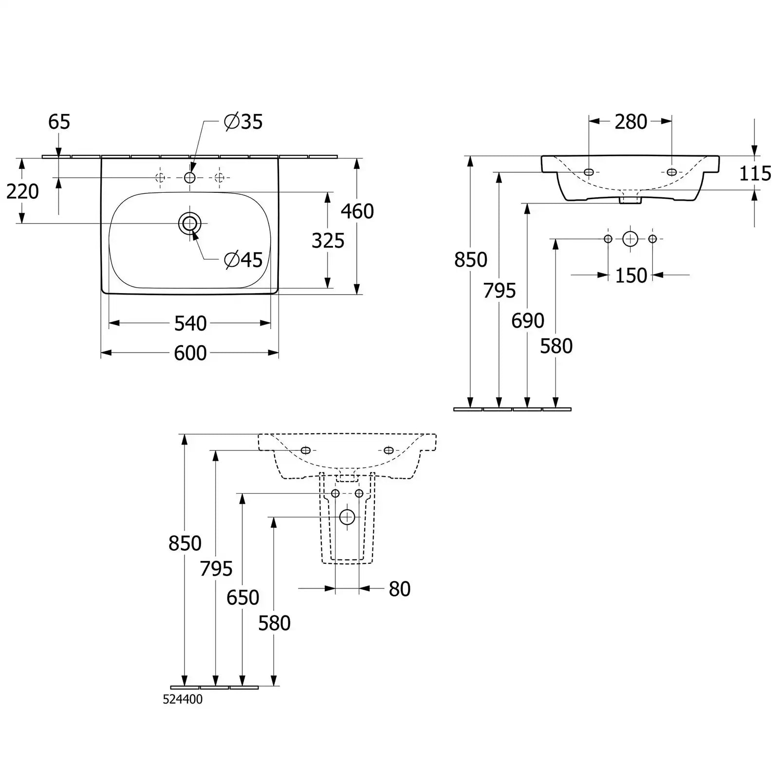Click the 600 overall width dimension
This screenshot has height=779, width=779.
pos(190,353)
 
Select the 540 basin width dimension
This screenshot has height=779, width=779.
pos(190,323)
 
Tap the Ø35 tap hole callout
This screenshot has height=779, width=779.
pos(243,122)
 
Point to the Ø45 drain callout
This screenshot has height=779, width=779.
pos(243,260)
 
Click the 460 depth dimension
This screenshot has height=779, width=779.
pos(357,211)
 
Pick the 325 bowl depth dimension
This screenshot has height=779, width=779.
pos(328,241)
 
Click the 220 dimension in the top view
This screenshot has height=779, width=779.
pos(22,191)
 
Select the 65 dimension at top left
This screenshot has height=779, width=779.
pos(59,122)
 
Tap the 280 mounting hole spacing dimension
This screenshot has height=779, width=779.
pos(631,122)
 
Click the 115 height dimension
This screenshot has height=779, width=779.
pos(755,173)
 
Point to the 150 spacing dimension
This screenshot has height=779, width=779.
pos(631,276)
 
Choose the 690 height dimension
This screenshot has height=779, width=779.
pos(528,320)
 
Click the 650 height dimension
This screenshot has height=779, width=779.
pos(243,597)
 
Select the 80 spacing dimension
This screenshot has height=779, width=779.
pos(400,589)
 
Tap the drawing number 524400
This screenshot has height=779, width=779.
pos(183,699)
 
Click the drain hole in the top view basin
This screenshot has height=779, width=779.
pos(190,223)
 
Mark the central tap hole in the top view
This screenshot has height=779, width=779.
pos(190,178)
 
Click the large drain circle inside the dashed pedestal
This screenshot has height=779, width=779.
pos(347,517)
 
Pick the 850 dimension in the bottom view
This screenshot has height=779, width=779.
pos(185,543)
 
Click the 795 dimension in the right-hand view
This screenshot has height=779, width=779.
pos(500,291)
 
